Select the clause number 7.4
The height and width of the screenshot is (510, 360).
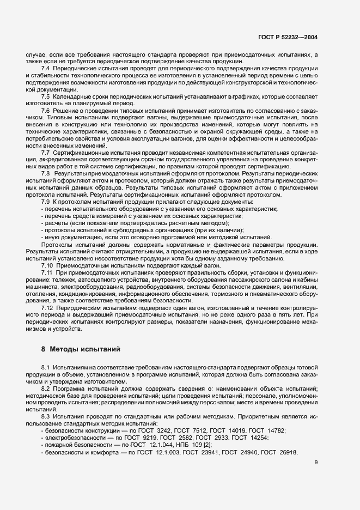(46, 68)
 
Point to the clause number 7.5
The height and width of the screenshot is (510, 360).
(46, 96)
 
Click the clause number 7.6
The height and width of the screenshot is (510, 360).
(46, 111)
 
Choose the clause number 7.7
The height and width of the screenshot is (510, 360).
(46, 153)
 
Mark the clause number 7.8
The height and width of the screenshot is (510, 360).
(46, 173)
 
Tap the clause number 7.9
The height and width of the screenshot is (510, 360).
(46, 202)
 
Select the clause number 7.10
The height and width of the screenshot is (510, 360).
(47, 265)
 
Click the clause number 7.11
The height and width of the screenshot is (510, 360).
(47, 272)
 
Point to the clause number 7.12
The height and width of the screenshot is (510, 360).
(47, 308)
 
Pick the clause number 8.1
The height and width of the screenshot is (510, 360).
(46, 367)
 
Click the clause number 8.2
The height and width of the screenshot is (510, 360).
(46, 388)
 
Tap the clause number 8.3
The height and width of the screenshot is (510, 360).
(46, 416)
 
